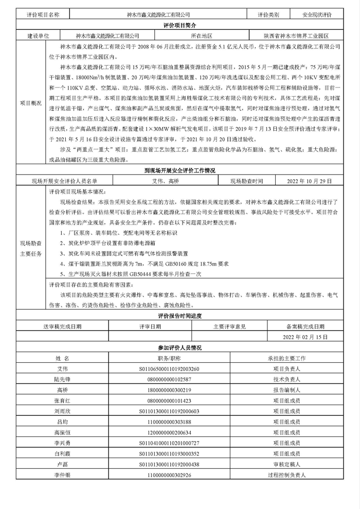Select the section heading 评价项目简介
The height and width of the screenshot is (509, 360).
(x=179, y=26)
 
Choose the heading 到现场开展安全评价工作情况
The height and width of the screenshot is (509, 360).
(x=179, y=170)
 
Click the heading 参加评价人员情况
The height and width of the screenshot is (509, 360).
(x=179, y=348)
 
